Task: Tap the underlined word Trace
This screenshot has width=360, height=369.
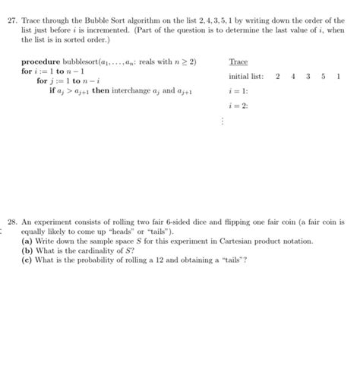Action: point(238,61)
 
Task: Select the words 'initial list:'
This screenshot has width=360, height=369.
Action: point(245,77)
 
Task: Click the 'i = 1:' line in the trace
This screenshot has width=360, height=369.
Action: point(237,91)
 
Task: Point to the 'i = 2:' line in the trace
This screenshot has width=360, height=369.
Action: point(237,106)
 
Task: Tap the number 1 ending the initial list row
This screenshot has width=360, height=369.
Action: point(338,77)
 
